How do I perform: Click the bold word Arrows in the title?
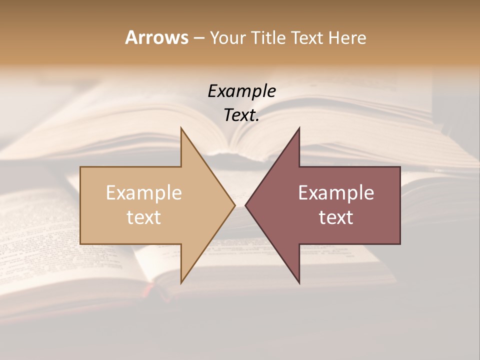pos(156,37)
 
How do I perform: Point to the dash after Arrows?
pos(198,38)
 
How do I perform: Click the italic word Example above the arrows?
pos(241,91)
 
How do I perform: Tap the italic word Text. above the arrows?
pos(241,115)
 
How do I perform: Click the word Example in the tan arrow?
pos(144,193)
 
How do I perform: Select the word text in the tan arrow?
pos(144,217)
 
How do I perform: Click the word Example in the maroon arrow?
pos(336,193)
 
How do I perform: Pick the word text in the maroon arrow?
pos(336,217)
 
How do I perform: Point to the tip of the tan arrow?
pos(234,205)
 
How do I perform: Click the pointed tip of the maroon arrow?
pos(245,205)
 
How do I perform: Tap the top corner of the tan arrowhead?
pos(181,128)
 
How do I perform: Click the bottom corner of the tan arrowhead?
pos(181,283)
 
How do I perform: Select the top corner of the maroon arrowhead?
pos(299,128)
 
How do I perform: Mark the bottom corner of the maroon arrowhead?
pos(299,283)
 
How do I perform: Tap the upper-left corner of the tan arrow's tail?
pos(80,167)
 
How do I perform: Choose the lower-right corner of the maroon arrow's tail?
pos(400,243)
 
